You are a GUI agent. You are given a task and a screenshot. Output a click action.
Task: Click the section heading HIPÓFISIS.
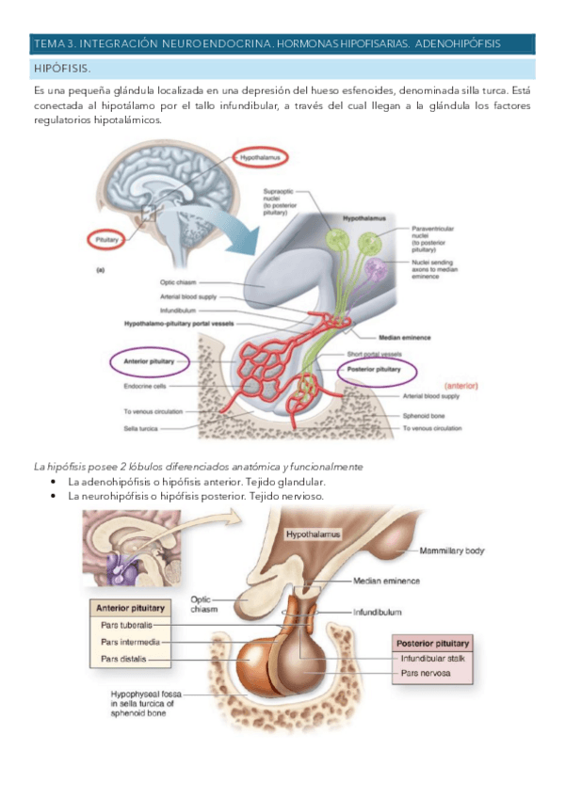click(63, 70)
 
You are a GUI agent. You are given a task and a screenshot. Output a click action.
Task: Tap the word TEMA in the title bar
click(45, 43)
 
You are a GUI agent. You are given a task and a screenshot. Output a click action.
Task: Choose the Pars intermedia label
click(129, 641)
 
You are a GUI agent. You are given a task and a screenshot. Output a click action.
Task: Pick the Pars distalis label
click(123, 659)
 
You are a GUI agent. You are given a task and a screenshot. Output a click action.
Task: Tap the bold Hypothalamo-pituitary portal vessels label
click(178, 323)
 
